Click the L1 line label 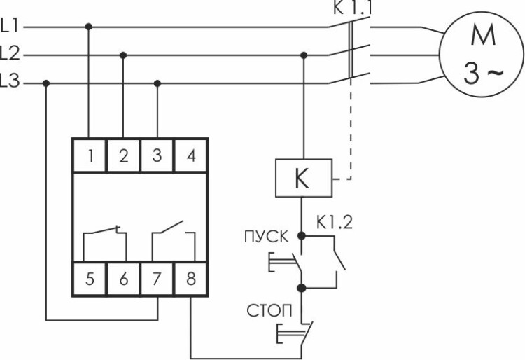11,27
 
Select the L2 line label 11,54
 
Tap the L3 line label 11,83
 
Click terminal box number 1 90,155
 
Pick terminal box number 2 123,155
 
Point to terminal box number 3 157,155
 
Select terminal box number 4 190,155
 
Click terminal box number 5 90,279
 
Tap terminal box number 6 123,279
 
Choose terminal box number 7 157,279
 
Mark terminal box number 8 190,279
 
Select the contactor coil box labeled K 302,179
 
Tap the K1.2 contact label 334,225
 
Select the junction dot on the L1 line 89,27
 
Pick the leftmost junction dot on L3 46,83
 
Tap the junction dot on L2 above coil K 302,55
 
